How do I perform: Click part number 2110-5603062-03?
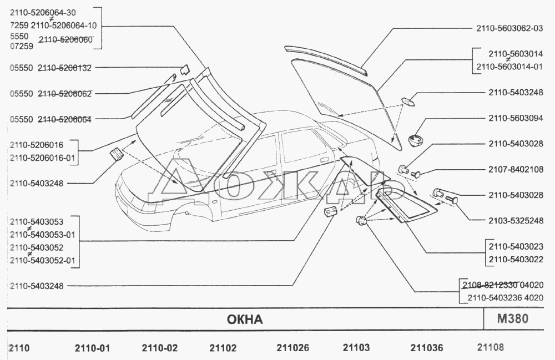(x=509, y=28)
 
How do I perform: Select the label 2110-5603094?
(x=516, y=118)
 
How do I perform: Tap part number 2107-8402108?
(x=516, y=169)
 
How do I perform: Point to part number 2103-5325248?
(x=516, y=221)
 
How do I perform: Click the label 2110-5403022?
(x=516, y=259)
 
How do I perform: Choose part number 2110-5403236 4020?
(x=505, y=298)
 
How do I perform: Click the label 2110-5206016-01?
(x=43, y=158)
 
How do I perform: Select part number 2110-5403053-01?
(x=43, y=235)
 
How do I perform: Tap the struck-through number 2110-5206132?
(x=64, y=68)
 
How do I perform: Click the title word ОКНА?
(x=245, y=320)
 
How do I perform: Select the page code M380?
(x=512, y=318)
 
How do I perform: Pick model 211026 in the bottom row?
(x=292, y=348)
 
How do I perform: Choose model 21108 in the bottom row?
(x=490, y=347)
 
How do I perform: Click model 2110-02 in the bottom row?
(x=160, y=348)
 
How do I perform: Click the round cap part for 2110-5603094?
(x=416, y=140)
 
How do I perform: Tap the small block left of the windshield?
(x=116, y=155)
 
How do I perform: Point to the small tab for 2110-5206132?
(x=184, y=70)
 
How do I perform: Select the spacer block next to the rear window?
(x=408, y=102)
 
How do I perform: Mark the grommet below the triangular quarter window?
(x=361, y=220)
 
